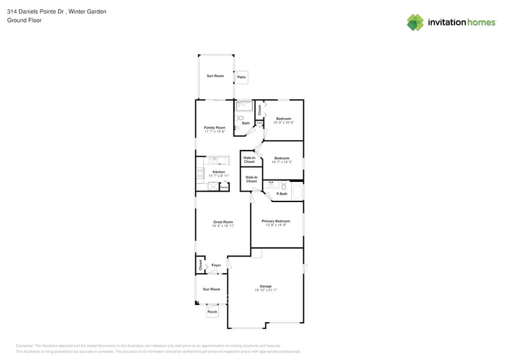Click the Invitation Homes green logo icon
(x=415, y=22)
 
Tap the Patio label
(x=241, y=77)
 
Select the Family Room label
(x=214, y=127)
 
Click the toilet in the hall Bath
(x=241, y=118)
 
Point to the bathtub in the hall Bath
(x=244, y=105)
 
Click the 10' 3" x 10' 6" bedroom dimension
(x=283, y=122)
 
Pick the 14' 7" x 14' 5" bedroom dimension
(x=282, y=162)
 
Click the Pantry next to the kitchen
(x=224, y=186)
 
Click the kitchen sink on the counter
(x=213, y=160)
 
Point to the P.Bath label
(x=282, y=194)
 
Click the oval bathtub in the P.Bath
(x=297, y=192)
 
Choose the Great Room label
(x=223, y=222)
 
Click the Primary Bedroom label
(x=276, y=220)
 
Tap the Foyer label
(x=216, y=265)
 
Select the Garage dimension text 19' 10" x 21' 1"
(x=265, y=290)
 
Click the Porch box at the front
(x=212, y=312)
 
